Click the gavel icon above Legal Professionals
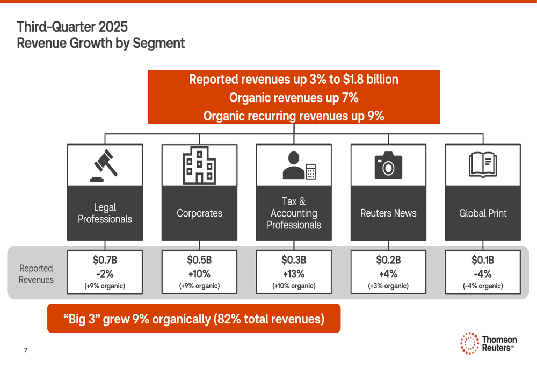pyautogui.click(x=105, y=165)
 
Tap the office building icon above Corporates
pyautogui.click(x=199, y=165)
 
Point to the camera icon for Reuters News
pyautogui.click(x=388, y=165)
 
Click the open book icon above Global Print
pyautogui.click(x=483, y=165)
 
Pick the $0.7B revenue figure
pyautogui.click(x=105, y=260)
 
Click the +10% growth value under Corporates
pyautogui.click(x=199, y=273)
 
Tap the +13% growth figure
pyautogui.click(x=294, y=273)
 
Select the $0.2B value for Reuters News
pyautogui.click(x=388, y=260)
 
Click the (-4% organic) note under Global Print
pyautogui.click(x=483, y=286)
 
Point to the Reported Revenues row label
pyautogui.click(x=36, y=273)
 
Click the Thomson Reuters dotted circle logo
pyautogui.click(x=469, y=343)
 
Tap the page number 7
pyautogui.click(x=25, y=351)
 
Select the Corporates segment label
pyautogui.click(x=199, y=213)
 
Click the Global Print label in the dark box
pyautogui.click(x=483, y=213)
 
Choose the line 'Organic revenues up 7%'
pyautogui.click(x=294, y=98)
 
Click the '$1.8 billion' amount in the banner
pyautogui.click(x=371, y=80)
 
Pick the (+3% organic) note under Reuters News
pyautogui.click(x=388, y=286)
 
